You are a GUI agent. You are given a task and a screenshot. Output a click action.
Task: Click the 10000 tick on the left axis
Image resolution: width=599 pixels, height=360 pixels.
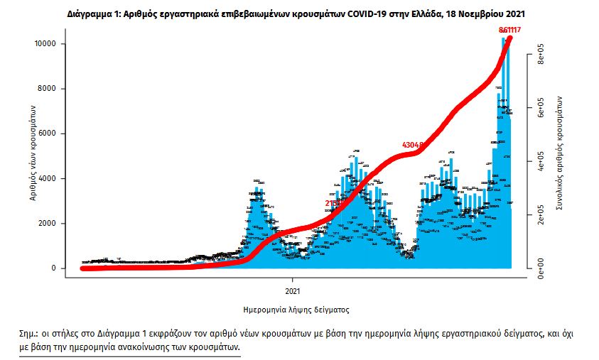click(x=45, y=44)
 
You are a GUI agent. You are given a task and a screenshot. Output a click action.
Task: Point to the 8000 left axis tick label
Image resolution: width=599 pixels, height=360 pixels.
click(x=48, y=89)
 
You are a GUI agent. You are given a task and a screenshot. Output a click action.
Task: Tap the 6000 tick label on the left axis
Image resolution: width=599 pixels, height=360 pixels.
click(x=48, y=133)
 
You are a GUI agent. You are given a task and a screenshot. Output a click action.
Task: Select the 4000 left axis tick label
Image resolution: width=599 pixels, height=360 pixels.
click(x=48, y=178)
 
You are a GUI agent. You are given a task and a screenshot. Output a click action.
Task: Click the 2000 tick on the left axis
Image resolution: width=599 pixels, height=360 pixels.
click(x=48, y=224)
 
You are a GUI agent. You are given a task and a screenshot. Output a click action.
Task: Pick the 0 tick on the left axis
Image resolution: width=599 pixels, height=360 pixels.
click(x=54, y=268)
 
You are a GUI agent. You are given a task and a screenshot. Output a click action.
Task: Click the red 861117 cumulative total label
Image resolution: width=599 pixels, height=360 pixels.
click(x=509, y=29)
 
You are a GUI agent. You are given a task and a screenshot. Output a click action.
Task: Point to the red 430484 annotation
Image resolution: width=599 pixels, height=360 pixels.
click(x=415, y=145)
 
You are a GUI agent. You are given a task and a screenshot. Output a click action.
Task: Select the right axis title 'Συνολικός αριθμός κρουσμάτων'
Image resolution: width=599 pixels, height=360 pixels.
click(x=561, y=153)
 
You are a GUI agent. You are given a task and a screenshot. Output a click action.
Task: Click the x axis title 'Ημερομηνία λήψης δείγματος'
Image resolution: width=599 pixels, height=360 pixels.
click(x=296, y=310)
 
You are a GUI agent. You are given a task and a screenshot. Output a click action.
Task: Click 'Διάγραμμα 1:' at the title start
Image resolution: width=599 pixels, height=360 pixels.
click(x=95, y=13)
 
